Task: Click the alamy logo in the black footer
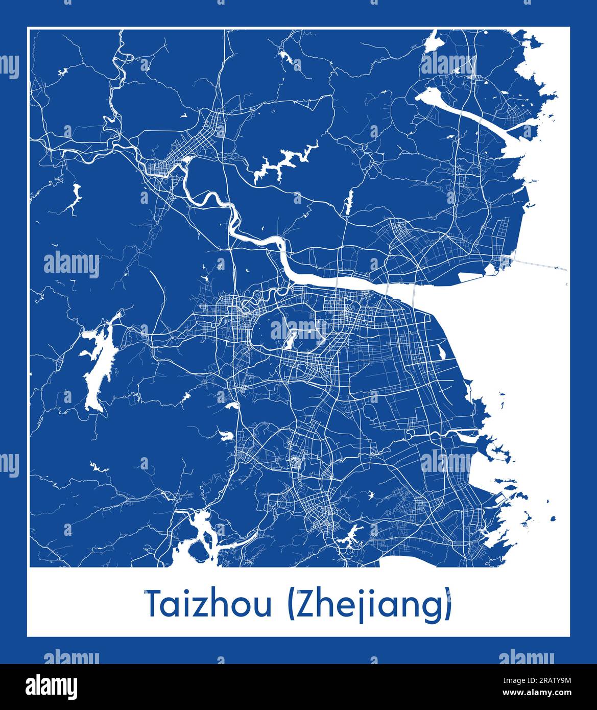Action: (52, 685)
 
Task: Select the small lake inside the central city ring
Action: (292, 339)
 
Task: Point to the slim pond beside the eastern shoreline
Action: (441, 351)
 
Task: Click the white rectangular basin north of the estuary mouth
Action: (475, 277)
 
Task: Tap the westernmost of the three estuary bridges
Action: (338, 284)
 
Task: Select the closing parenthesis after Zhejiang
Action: (448, 605)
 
